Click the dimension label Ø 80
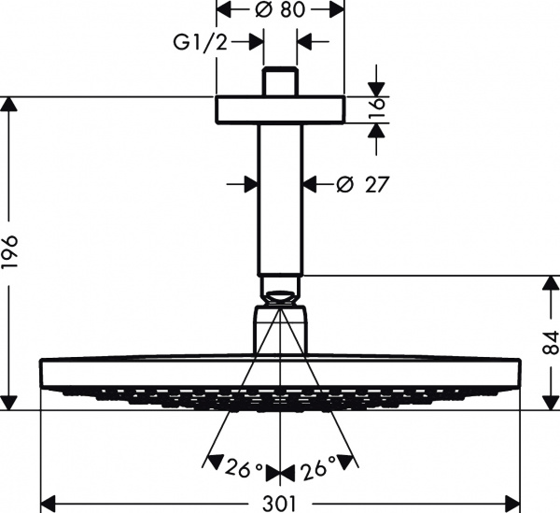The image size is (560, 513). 280,11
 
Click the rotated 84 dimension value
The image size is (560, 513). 551,344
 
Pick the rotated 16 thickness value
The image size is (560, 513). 376,109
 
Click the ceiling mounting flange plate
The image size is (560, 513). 280,109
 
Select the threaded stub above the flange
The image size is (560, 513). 280,82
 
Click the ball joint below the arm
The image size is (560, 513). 280,300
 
